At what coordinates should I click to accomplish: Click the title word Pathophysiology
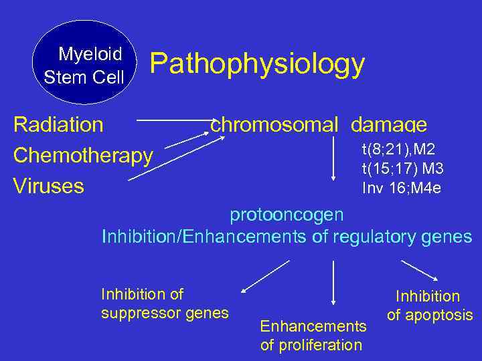point(257,65)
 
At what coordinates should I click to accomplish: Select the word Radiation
point(59,125)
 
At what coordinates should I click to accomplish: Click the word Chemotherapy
point(83,156)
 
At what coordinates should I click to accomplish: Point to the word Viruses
point(49,185)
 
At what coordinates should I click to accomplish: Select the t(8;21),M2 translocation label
point(398,148)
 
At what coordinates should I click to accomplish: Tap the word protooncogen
point(287,215)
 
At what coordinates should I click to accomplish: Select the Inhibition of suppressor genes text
point(165,304)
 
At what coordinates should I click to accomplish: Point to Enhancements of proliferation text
point(313,336)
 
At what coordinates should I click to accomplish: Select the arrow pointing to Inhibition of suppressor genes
point(265,277)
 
